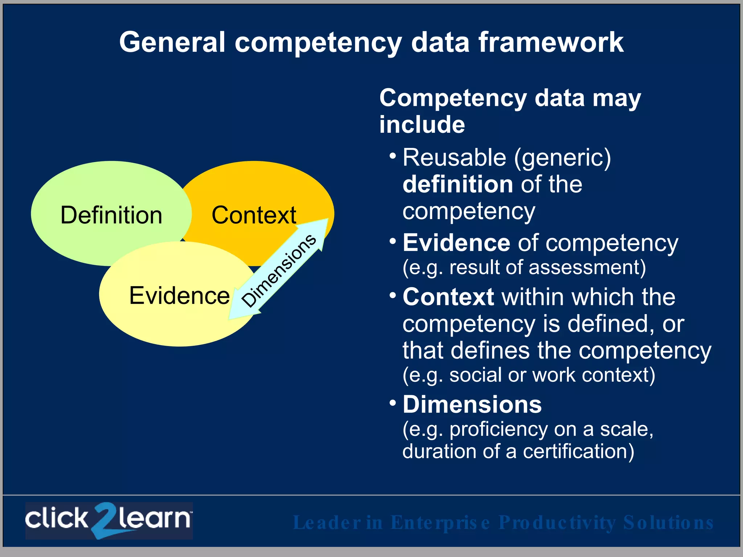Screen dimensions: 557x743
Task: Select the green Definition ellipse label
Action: tap(111, 215)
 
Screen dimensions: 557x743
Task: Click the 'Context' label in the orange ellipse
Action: tap(254, 215)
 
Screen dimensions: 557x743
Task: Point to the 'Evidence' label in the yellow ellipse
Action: tap(179, 296)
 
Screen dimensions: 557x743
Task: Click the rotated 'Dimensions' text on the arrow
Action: tap(279, 270)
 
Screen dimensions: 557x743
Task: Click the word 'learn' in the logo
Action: tap(154, 519)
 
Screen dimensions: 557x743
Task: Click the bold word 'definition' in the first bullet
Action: tap(458, 184)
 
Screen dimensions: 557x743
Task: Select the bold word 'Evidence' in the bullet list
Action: tap(456, 243)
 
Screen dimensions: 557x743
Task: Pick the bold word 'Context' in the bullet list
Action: tap(448, 297)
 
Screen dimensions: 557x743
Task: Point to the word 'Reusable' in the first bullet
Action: tap(454, 158)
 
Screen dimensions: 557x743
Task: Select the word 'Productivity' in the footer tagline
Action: tap(557, 523)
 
